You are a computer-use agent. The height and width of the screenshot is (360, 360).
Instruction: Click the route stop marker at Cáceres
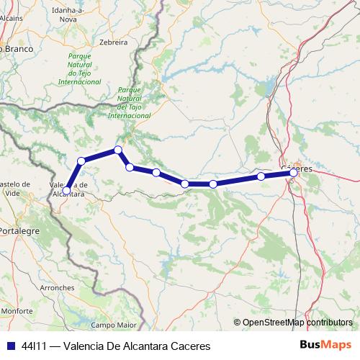pyautogui.click(x=294, y=173)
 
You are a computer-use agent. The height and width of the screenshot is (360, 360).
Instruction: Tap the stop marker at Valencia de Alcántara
pyautogui.click(x=67, y=190)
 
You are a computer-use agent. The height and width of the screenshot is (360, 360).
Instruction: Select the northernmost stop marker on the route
pyautogui.click(x=117, y=150)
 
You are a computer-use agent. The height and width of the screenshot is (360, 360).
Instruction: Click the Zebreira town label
pyautogui.click(x=114, y=42)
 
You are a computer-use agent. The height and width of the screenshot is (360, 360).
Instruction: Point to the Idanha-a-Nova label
pyautogui.click(x=67, y=16)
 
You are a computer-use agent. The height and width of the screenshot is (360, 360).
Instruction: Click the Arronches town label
pyautogui.click(x=57, y=287)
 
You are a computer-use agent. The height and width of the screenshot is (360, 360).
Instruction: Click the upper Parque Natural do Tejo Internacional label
pyautogui.click(x=84, y=68)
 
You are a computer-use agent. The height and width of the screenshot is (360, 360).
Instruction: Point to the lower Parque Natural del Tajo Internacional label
pyautogui.click(x=129, y=102)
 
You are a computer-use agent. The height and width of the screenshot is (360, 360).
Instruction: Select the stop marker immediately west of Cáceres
pyautogui.click(x=261, y=176)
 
